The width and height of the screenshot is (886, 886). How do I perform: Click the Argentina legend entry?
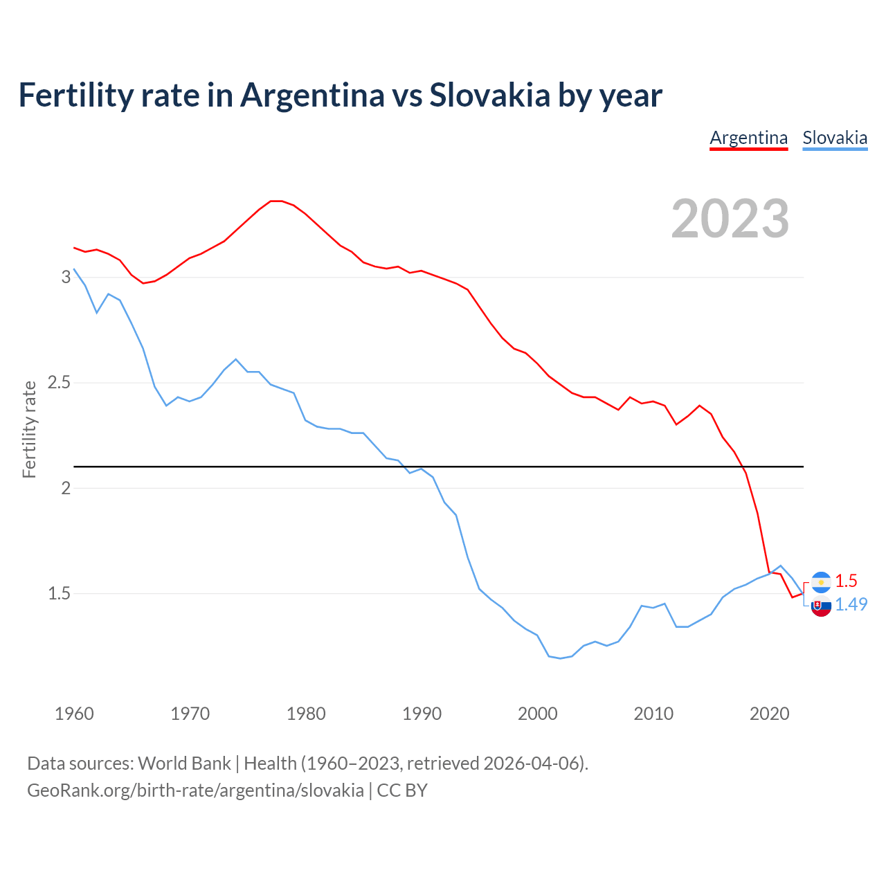[748, 138]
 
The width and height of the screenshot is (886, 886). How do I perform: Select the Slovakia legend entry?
[834, 138]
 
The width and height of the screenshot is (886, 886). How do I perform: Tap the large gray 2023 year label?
[730, 219]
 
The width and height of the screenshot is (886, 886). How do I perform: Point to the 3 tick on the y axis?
[66, 277]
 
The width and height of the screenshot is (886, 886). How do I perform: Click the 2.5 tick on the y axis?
[60, 383]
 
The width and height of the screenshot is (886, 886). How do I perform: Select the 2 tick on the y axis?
[66, 488]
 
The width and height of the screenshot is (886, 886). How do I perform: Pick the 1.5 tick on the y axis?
[60, 593]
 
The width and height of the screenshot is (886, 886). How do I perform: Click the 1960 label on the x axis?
[74, 714]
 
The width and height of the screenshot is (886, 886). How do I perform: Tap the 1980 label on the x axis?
[306, 714]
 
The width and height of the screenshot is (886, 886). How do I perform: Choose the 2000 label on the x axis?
[537, 714]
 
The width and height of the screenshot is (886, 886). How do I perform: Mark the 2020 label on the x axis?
[769, 714]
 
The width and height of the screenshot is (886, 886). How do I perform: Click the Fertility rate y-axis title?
[29, 429]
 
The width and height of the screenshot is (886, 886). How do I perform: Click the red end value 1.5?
[846, 581]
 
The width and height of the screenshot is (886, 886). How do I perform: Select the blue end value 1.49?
[851, 604]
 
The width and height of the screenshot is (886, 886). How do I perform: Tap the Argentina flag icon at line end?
[821, 582]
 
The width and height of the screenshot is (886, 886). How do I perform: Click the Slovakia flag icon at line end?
[821, 606]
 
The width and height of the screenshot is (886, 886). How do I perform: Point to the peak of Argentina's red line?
[276, 201]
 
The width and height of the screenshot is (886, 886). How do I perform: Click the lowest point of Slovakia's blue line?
[560, 658]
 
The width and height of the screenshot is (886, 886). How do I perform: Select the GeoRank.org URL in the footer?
[195, 790]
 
